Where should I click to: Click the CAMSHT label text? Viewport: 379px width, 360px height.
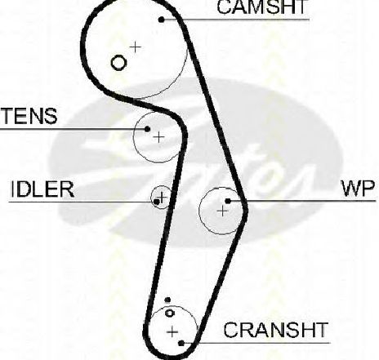click(262, 7)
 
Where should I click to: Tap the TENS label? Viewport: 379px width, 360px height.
click(29, 116)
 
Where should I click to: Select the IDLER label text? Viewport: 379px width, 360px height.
click(42, 189)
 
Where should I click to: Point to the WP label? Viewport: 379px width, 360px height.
click(359, 189)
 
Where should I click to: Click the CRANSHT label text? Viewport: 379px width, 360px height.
click(275, 330)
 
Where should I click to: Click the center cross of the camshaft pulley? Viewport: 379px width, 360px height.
click(136, 47)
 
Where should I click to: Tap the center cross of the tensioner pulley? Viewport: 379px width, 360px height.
click(158, 137)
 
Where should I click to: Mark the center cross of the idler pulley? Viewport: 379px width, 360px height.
click(163, 197)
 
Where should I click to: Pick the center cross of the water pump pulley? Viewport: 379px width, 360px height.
click(223, 211)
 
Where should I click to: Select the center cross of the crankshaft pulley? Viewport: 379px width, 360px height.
click(172, 331)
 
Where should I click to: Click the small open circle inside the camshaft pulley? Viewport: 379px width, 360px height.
click(118, 63)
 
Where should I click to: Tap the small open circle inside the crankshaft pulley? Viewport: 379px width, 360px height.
click(170, 313)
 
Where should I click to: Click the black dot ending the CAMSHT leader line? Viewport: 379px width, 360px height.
click(162, 20)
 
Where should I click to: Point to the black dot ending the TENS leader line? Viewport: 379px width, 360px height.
click(147, 129)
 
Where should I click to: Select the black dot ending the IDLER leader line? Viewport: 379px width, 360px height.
click(157, 202)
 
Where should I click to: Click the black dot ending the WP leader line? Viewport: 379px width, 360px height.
click(228, 201)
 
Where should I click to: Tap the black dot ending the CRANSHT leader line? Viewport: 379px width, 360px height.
click(181, 343)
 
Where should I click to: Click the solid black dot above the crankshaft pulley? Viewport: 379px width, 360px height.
click(167, 300)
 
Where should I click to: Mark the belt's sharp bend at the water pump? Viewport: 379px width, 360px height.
click(245, 210)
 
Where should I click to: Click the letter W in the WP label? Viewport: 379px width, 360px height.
click(351, 189)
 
